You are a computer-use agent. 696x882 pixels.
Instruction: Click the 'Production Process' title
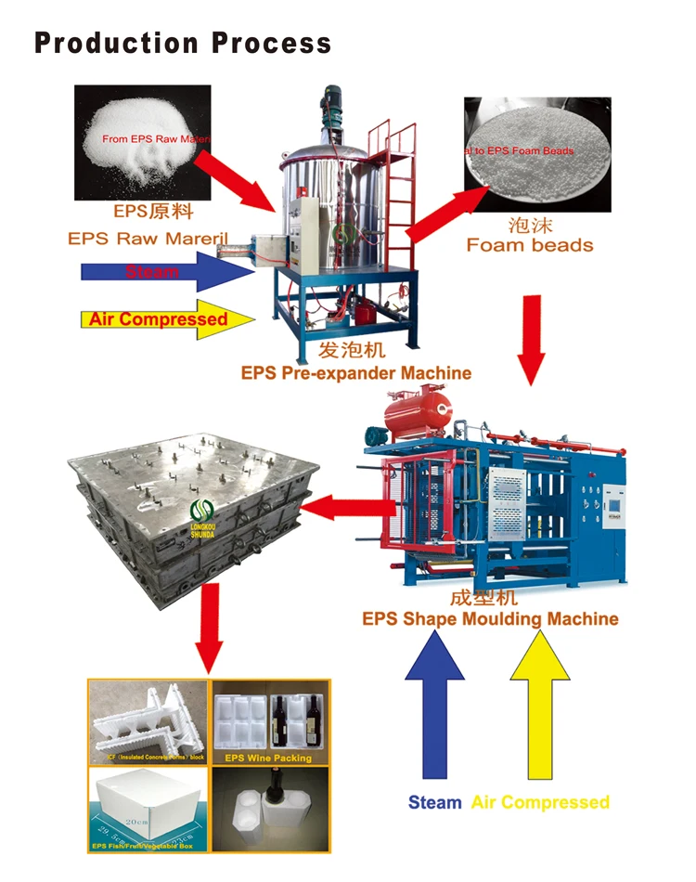tap(183, 43)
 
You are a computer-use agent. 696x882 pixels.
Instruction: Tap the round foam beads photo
tap(535, 154)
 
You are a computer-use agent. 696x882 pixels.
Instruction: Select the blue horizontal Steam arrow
tap(167, 271)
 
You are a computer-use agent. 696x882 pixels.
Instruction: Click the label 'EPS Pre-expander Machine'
tap(355, 373)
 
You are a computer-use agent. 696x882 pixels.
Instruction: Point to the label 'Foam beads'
tap(529, 245)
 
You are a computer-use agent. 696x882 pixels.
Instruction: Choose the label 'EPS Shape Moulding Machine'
tap(490, 619)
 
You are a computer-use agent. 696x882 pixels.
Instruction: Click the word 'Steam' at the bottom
tap(434, 802)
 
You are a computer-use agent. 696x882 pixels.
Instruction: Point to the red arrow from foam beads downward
tap(530, 338)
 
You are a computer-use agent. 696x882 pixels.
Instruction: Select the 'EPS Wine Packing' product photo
tap(270, 721)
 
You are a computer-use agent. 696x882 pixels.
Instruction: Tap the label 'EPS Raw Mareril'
tap(148, 239)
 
